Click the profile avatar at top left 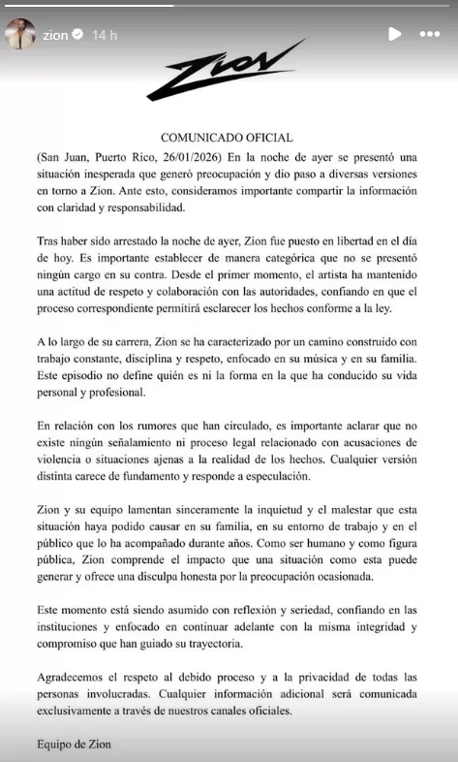21,34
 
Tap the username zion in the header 56,35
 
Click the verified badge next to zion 78,35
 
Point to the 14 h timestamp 105,35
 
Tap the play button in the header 394,34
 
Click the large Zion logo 225,73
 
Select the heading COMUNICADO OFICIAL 228,138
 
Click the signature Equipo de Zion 75,746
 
